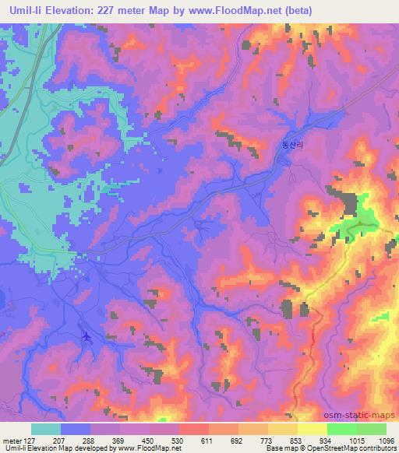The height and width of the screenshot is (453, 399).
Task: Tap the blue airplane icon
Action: point(86,337)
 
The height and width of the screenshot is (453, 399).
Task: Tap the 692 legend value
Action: point(238,440)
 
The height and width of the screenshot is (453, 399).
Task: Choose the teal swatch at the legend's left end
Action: point(46,429)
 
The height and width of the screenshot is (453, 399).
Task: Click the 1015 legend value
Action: point(356,440)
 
